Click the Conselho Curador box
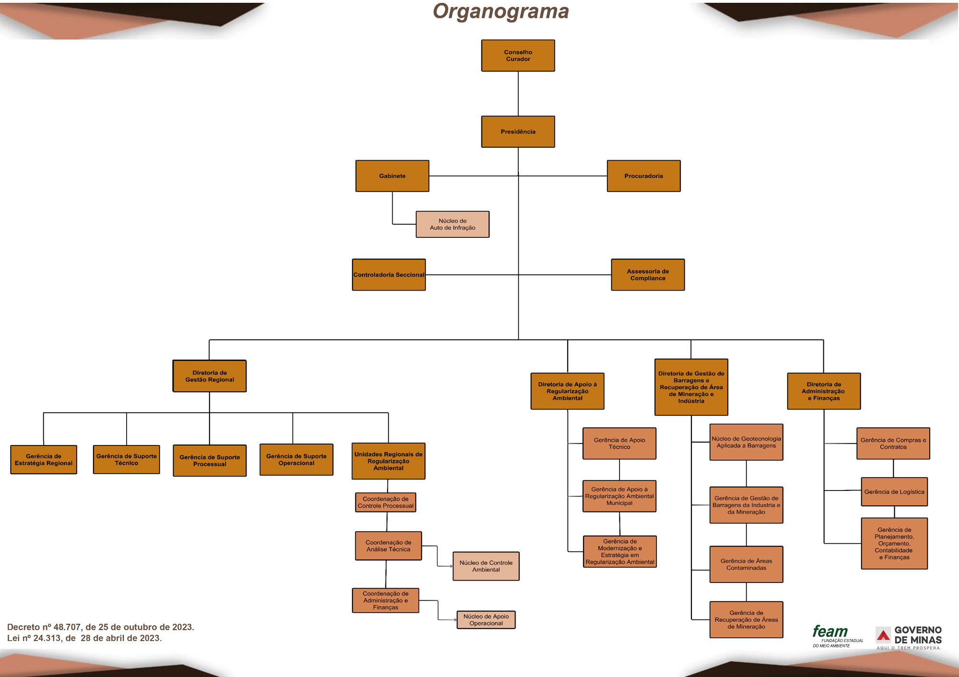pos(518,56)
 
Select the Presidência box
pos(518,131)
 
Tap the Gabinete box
pos(392,176)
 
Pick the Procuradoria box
pos(643,176)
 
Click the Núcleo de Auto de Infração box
pos(452,224)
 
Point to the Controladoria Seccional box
pos(389,275)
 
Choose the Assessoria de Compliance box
pos(648,275)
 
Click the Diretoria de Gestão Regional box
pos(210,376)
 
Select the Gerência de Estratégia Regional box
pos(44,460)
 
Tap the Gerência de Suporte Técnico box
pos(127,460)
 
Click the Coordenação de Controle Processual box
pos(386,502)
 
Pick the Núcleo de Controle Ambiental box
pos(486,566)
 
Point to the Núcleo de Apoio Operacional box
pos(486,620)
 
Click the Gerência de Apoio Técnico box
pos(619,444)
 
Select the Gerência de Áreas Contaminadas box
pos(746,564)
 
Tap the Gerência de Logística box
pos(894,492)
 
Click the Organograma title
pos(501,12)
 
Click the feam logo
pos(830,632)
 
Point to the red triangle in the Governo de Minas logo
pos(883,636)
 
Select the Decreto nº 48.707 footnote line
pos(101,627)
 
